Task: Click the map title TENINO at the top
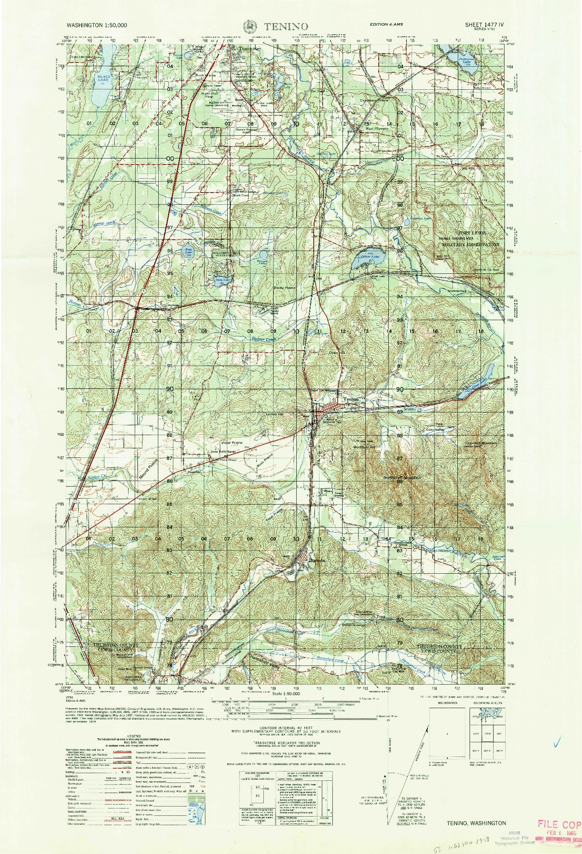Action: coord(286,26)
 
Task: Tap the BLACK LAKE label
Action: coord(103,78)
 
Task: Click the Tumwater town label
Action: coord(250,48)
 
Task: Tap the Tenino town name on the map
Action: coord(351,399)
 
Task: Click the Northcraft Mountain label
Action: coord(403,478)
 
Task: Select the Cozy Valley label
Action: coord(435,430)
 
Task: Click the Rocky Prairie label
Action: coord(285,288)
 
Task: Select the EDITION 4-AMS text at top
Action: coord(386,25)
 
